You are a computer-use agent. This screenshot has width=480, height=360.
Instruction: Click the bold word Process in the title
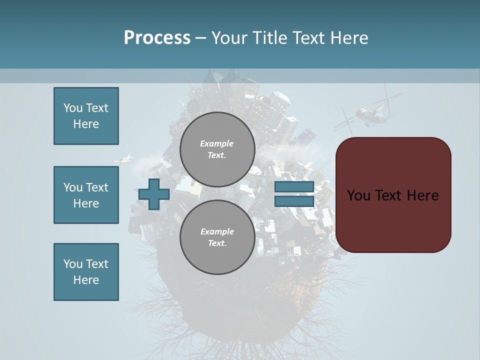pos(157,37)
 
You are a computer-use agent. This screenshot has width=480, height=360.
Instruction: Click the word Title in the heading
pos(269,37)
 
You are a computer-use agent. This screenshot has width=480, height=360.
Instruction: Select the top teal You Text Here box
pos(86,116)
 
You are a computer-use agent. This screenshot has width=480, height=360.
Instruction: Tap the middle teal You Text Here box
pos(86,195)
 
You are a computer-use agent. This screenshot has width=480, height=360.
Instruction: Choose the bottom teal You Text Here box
pos(86,272)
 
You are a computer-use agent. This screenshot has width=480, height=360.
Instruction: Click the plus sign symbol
pos(153,194)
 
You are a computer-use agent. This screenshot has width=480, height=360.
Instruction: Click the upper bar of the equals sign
pos(294,187)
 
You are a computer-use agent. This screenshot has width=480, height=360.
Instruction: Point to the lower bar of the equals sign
pos(294,201)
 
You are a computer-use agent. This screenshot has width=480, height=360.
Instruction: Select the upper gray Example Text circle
pos(217,149)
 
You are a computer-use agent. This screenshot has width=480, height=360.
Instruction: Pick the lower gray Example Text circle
pos(217,237)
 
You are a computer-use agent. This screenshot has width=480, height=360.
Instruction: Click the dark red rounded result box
pos(393,195)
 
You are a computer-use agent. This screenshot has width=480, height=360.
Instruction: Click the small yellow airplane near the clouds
pos(125,159)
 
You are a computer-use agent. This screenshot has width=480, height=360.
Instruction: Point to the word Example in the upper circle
pos(217,143)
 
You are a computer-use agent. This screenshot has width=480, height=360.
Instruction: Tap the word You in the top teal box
pos(73,108)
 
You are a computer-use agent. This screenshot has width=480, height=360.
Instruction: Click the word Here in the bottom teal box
pos(86,280)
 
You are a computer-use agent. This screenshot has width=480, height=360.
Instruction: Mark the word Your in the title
pos(230,37)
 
